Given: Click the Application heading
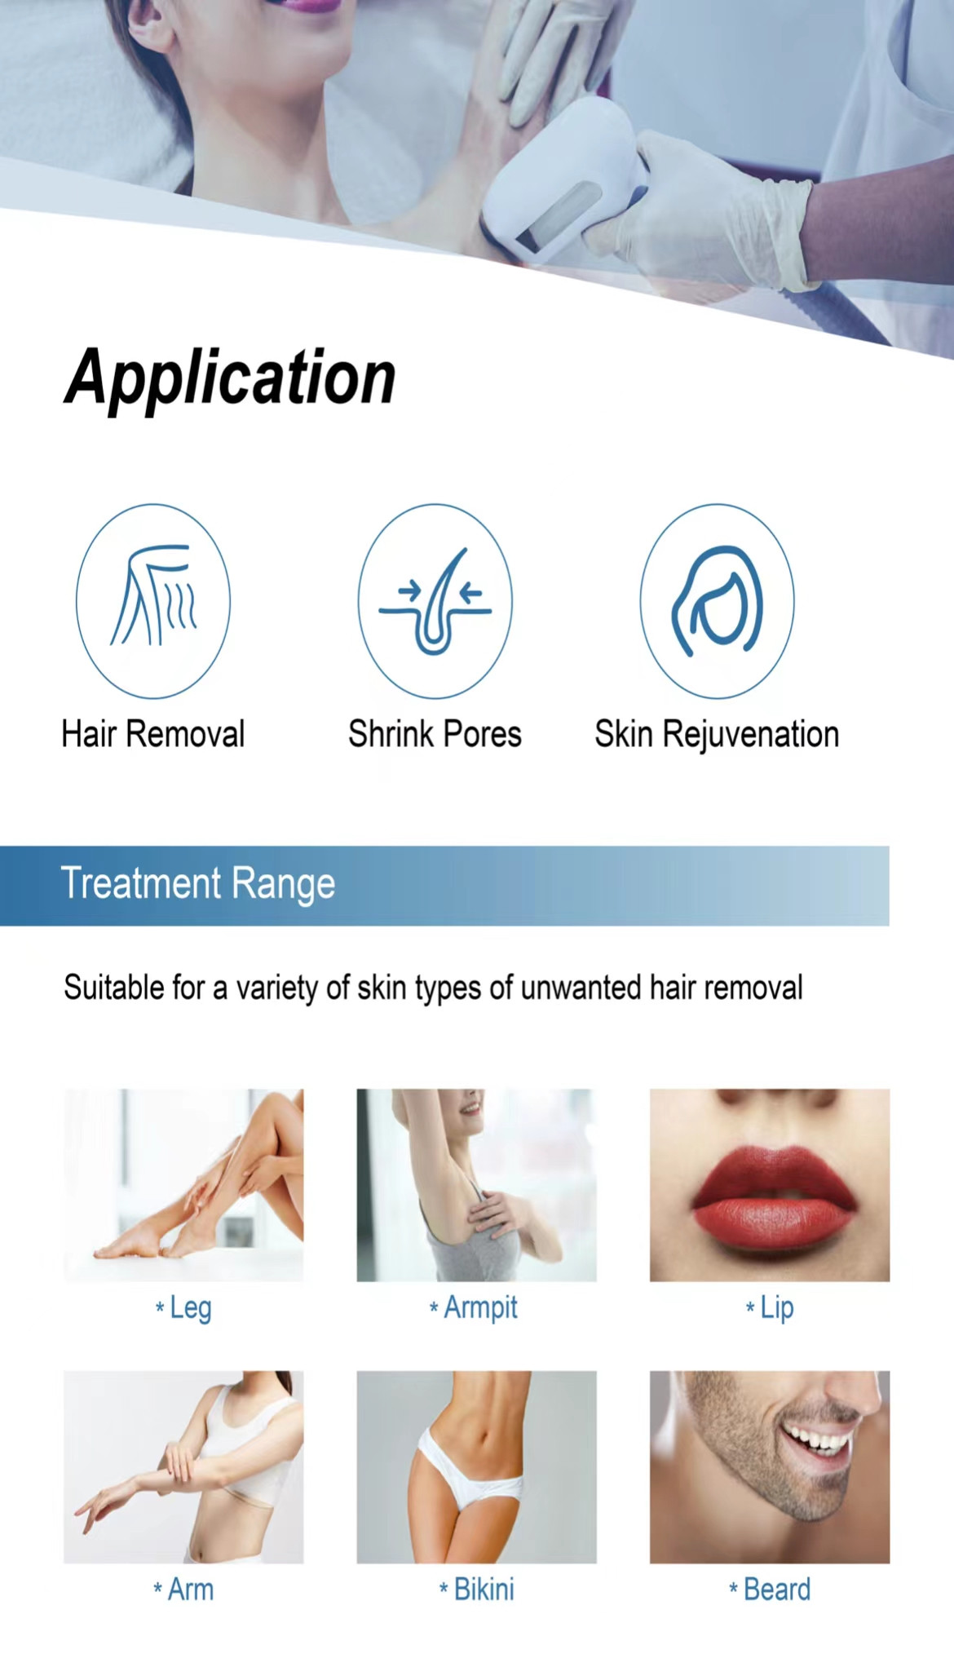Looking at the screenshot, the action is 231,378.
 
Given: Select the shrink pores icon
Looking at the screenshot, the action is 435,601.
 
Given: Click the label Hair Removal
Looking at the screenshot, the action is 153,734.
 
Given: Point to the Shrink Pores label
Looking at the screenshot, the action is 435,734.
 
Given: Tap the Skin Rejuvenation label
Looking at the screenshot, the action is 717,735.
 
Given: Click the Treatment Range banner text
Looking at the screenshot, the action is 198,884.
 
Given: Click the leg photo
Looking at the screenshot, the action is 183,1185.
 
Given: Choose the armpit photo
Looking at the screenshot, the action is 476,1185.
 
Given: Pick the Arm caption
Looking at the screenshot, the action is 184,1590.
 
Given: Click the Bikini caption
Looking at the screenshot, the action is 477,1590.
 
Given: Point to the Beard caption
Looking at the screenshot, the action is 770,1590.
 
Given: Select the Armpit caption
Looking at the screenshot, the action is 474,1308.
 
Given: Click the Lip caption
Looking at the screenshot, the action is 770,1308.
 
